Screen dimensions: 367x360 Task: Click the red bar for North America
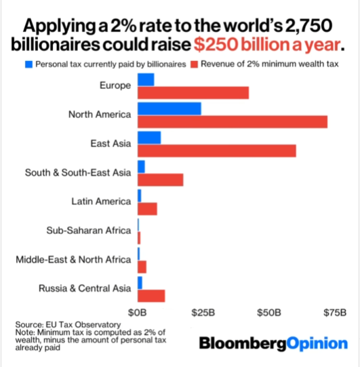click(233, 121)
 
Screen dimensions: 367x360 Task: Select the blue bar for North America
click(169, 109)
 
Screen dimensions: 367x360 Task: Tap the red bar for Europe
click(193, 93)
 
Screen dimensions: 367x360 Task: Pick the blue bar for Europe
click(146, 79)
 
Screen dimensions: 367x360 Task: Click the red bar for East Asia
click(217, 151)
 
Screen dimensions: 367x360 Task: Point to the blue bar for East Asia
click(149, 138)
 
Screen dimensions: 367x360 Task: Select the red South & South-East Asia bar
click(161, 180)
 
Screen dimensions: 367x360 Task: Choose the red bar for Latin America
click(148, 209)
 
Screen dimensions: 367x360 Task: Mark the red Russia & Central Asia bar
click(151, 296)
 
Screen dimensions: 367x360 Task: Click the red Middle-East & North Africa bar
click(142, 267)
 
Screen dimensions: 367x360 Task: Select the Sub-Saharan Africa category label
click(88, 231)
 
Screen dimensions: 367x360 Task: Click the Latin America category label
click(100, 201)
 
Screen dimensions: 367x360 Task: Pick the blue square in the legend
click(28, 64)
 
